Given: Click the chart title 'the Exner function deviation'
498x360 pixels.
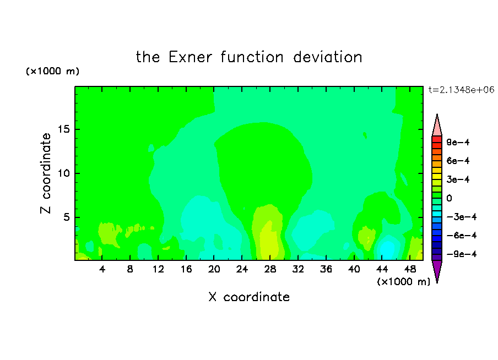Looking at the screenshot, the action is click(249, 57).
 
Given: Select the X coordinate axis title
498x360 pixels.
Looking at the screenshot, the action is click(249, 297).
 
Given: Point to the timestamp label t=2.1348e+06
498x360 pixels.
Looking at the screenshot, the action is click(461, 90).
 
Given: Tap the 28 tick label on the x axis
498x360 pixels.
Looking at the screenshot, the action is click(270, 269).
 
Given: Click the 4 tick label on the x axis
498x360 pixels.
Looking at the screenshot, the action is click(102, 269).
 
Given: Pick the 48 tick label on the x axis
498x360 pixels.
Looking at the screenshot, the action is click(410, 269).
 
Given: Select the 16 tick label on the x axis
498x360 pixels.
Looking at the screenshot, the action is click(186, 269).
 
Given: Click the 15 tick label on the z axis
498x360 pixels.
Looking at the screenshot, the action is click(63, 129).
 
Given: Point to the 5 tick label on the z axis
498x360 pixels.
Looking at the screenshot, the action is click(66, 217).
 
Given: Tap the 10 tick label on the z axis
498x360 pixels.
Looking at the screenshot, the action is click(63, 173).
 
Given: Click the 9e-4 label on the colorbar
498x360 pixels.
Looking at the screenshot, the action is click(458, 142).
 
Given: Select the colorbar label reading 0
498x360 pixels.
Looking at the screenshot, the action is click(449, 198).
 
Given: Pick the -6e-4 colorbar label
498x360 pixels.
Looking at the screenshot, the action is click(462, 236).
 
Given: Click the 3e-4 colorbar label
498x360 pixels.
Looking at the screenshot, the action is click(458, 179).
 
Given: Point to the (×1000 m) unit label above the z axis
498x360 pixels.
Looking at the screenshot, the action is click(52, 71).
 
